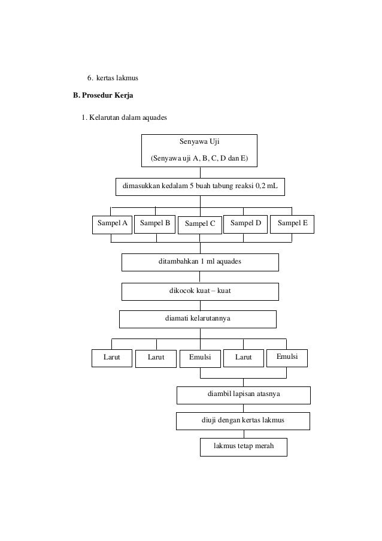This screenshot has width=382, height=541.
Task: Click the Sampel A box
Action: (x=112, y=225)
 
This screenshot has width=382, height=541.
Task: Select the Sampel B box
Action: (x=155, y=224)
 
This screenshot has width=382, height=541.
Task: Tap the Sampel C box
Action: (x=199, y=225)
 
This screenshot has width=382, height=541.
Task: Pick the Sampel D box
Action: (x=245, y=224)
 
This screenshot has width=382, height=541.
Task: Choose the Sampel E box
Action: (x=292, y=224)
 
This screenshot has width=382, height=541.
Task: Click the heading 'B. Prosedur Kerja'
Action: (x=103, y=95)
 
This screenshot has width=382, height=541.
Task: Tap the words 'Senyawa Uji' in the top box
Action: (x=199, y=141)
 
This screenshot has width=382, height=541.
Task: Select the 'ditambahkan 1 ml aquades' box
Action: (x=200, y=262)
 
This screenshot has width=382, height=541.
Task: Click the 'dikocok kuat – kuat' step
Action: (x=200, y=292)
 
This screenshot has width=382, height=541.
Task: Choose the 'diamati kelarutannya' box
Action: (x=198, y=319)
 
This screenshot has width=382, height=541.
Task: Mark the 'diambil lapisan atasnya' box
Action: (x=244, y=395)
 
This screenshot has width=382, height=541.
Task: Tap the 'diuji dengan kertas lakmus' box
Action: (x=243, y=421)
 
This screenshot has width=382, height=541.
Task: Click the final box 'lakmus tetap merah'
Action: (x=244, y=447)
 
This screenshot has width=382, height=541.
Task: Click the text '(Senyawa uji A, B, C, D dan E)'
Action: (x=199, y=158)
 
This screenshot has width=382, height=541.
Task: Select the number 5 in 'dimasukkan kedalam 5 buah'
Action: (x=192, y=186)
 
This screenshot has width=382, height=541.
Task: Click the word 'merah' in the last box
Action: (x=264, y=446)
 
